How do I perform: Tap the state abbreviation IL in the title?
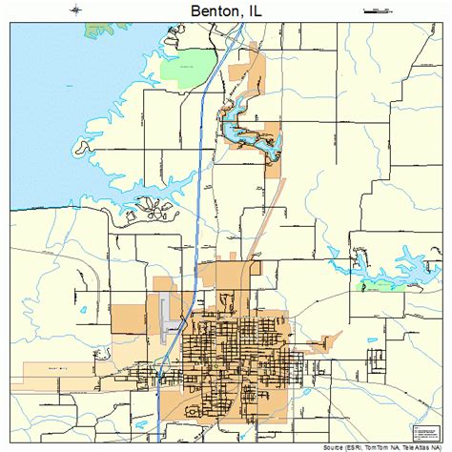[x=253, y=10]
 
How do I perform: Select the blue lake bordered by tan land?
[x=250, y=134]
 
